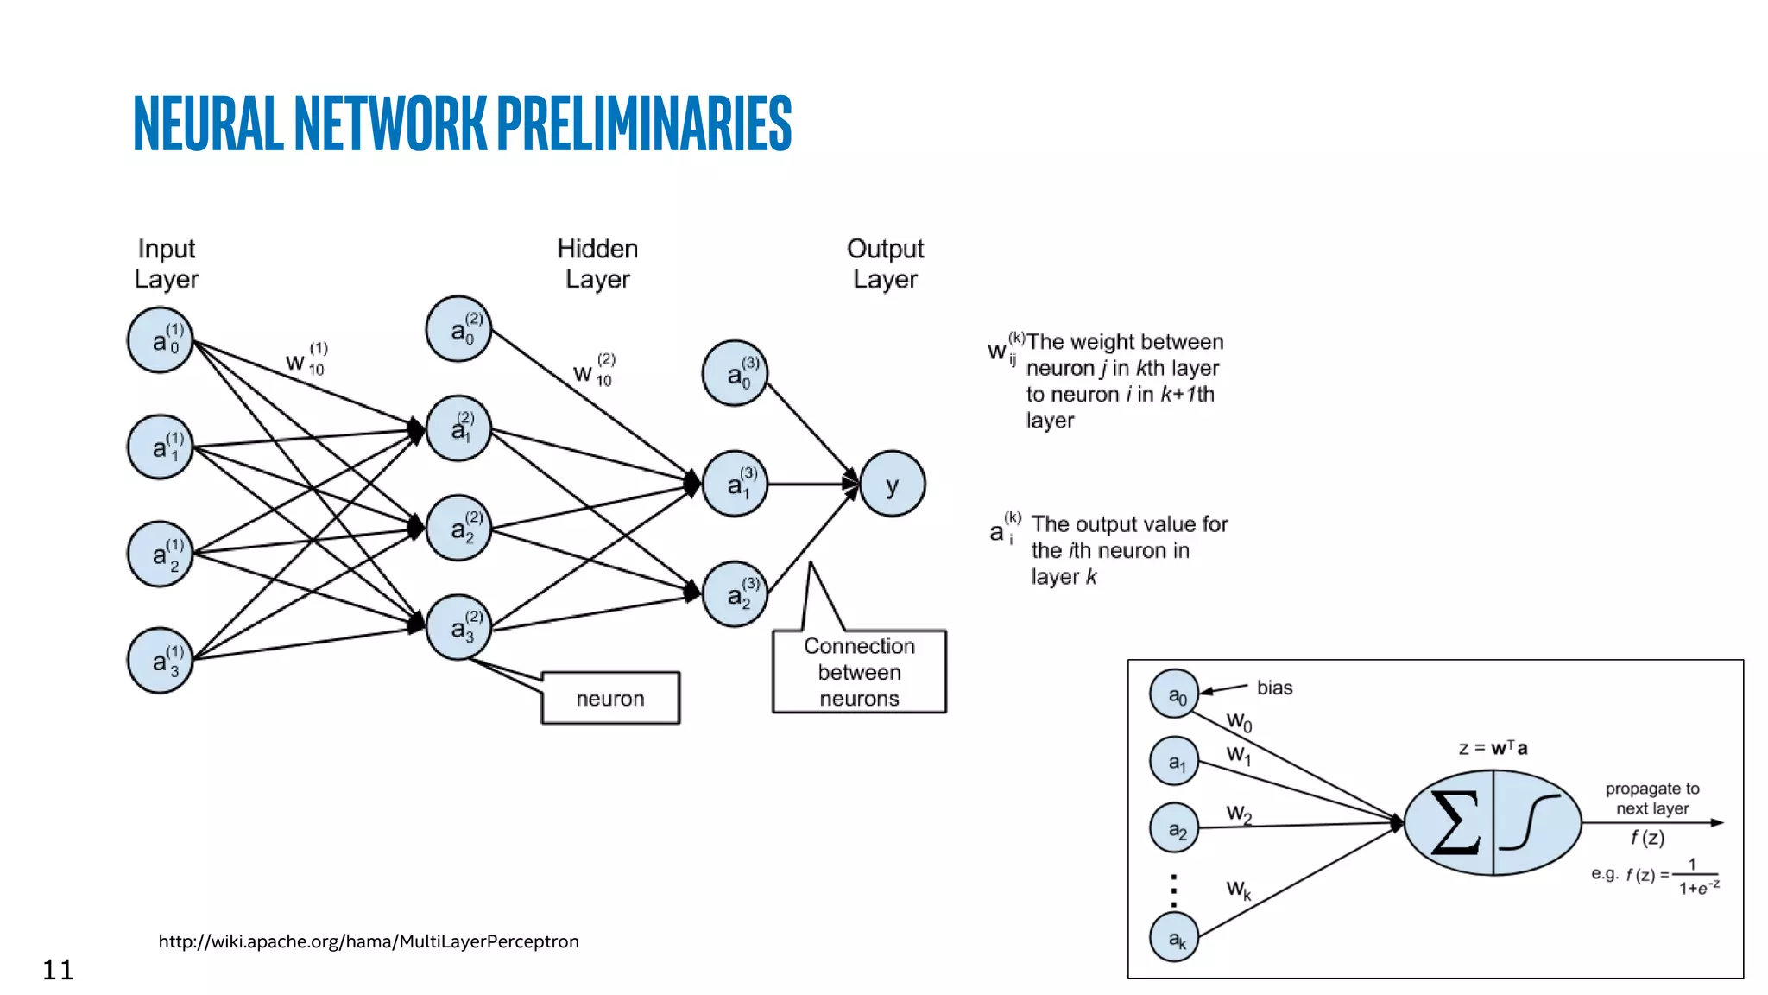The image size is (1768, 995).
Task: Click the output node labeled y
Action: (893, 484)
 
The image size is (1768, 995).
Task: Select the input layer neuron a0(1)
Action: (161, 340)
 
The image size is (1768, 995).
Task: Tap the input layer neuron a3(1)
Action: (161, 661)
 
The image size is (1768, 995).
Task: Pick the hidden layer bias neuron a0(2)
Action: (458, 329)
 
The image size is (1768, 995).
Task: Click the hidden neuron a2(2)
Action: (458, 528)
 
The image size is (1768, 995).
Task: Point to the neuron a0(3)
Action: (735, 373)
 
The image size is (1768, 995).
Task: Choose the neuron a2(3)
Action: (735, 594)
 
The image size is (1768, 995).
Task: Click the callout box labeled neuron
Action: (610, 698)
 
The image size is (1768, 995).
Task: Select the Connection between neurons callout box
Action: (859, 672)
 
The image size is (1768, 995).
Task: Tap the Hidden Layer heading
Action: (597, 263)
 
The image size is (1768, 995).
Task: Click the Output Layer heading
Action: (885, 263)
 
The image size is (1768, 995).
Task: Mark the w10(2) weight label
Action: (595, 371)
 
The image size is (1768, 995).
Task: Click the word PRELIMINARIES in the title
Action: (644, 124)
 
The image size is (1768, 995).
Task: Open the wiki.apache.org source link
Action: (369, 941)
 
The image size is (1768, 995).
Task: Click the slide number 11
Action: (58, 970)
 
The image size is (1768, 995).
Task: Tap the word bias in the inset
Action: (1274, 688)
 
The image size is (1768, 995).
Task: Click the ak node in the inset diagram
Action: (1175, 938)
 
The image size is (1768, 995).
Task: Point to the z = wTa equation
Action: (1493, 748)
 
